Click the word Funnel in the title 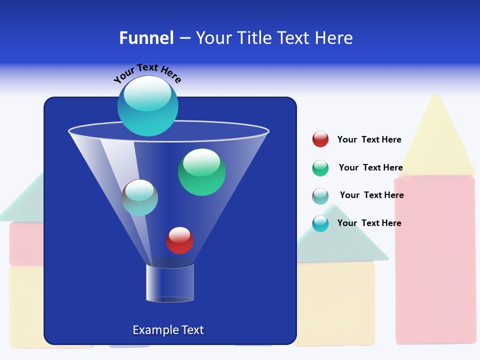pyautogui.click(x=146, y=38)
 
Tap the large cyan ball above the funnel pyautogui.click(x=148, y=105)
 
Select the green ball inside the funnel pyautogui.click(x=201, y=172)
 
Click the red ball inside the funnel pyautogui.click(x=179, y=240)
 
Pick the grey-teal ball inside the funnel pyautogui.click(x=140, y=197)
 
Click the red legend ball pyautogui.click(x=320, y=139)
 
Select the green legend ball pyautogui.click(x=320, y=168)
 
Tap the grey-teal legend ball pyautogui.click(x=320, y=196)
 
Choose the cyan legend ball pyautogui.click(x=320, y=223)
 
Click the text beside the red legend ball pyautogui.click(x=369, y=139)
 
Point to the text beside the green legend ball pyautogui.click(x=370, y=167)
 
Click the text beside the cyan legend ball pyautogui.click(x=369, y=223)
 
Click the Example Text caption pyautogui.click(x=168, y=330)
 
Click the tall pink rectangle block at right pyautogui.click(x=435, y=260)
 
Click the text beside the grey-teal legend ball pyautogui.click(x=371, y=195)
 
